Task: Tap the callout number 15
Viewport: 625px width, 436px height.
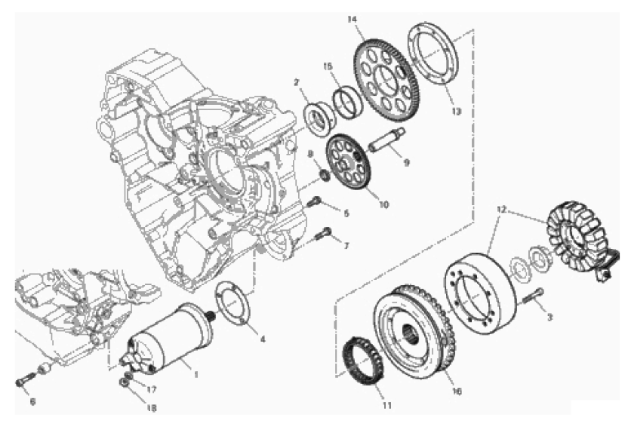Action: (x=328, y=67)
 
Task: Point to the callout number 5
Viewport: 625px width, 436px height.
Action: (x=346, y=214)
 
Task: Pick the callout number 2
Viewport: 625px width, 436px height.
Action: (x=297, y=81)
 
